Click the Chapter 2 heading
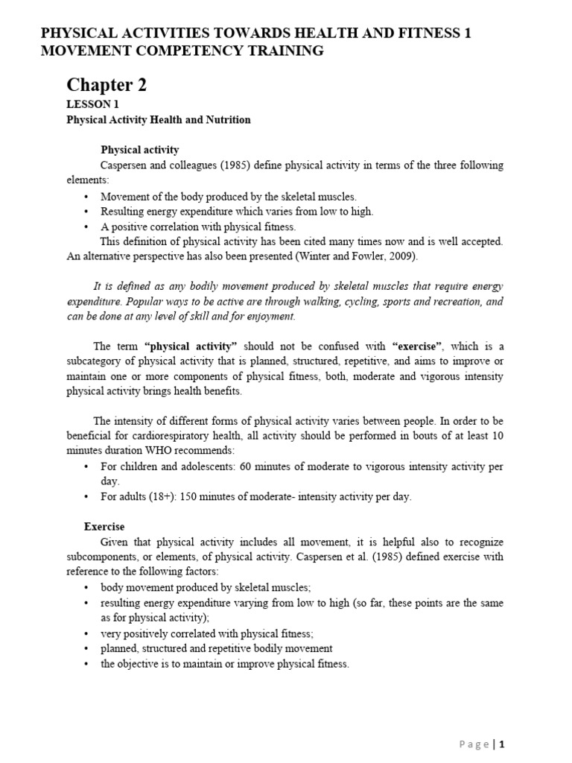[x=107, y=85]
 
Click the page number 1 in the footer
[x=502, y=744]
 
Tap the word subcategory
[x=98, y=361]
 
